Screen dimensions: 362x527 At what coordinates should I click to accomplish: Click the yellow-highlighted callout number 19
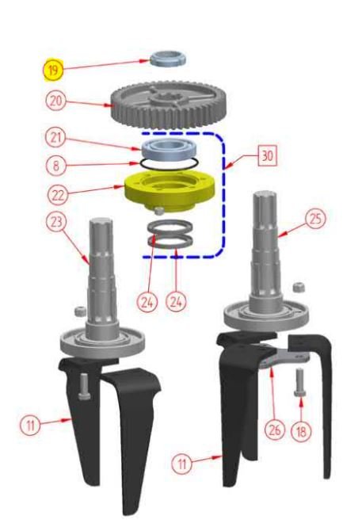(x=53, y=71)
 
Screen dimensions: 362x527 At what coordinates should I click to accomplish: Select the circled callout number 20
(x=55, y=101)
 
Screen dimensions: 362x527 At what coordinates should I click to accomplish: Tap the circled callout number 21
(x=55, y=138)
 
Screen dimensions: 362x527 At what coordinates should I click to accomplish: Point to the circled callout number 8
(x=55, y=166)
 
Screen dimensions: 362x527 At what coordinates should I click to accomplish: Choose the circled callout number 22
(x=58, y=195)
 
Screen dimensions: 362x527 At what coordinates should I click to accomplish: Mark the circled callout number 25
(x=315, y=219)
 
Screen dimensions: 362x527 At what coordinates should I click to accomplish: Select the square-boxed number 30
(x=267, y=156)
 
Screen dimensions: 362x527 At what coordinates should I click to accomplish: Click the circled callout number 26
(x=275, y=430)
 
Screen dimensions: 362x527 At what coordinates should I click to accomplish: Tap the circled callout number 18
(x=301, y=430)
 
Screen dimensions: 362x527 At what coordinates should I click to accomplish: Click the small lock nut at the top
(x=168, y=59)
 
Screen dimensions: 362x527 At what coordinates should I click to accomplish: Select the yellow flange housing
(x=169, y=191)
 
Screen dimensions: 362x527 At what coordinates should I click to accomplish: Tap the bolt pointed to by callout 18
(x=300, y=383)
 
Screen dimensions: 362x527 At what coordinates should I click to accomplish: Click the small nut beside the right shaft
(x=298, y=288)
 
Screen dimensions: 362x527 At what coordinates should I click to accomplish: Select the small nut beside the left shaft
(x=78, y=311)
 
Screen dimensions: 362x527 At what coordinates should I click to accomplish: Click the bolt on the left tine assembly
(x=84, y=388)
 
